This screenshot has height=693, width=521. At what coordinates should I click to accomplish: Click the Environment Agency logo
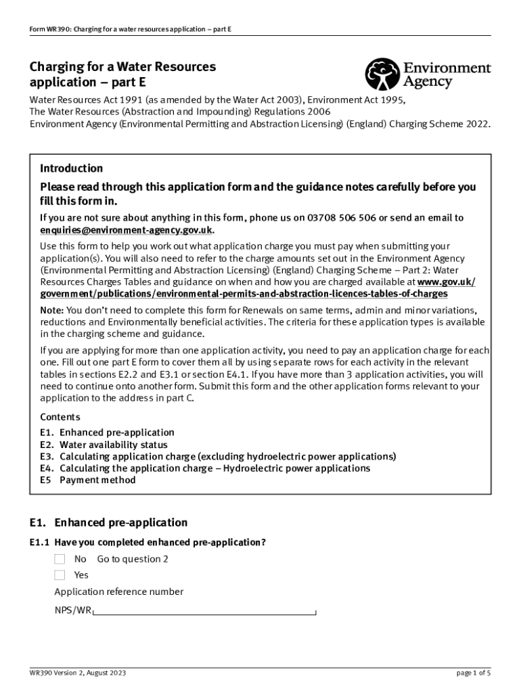428,74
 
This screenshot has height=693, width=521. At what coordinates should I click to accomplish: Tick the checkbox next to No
60,559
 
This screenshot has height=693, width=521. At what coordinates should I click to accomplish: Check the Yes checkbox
60,575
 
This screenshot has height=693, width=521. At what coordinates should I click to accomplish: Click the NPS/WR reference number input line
204,612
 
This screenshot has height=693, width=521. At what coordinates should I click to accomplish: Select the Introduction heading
72,169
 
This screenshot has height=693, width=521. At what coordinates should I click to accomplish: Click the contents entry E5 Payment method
88,480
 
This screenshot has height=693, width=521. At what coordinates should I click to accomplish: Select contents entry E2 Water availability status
104,445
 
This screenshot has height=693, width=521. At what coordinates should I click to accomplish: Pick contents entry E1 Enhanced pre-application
97,432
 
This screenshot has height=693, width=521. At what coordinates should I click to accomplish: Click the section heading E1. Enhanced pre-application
108,522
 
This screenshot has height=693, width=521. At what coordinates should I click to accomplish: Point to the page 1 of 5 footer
474,673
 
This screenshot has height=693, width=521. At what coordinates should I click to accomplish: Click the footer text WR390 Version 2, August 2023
77,673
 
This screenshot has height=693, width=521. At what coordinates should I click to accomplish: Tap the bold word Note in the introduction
51,310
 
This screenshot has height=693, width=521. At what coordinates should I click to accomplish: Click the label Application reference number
118,592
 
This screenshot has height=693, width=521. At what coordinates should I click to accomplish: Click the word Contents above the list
60,417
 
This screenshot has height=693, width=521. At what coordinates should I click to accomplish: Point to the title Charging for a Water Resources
122,67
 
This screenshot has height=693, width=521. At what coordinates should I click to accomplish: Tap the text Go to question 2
133,559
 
